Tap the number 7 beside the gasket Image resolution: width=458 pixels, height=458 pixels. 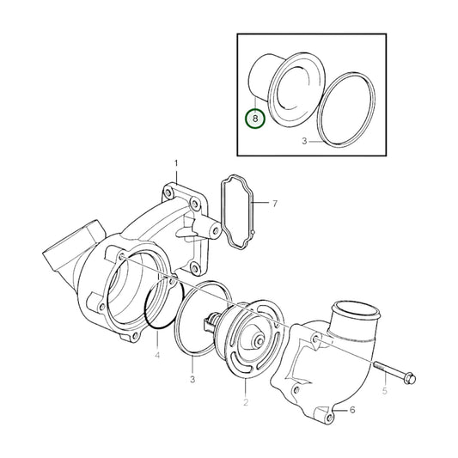[275, 204]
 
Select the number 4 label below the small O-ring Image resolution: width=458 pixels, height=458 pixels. [157, 353]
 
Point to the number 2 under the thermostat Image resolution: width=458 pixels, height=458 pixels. [246, 402]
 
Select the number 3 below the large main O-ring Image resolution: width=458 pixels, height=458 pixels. [192, 379]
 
